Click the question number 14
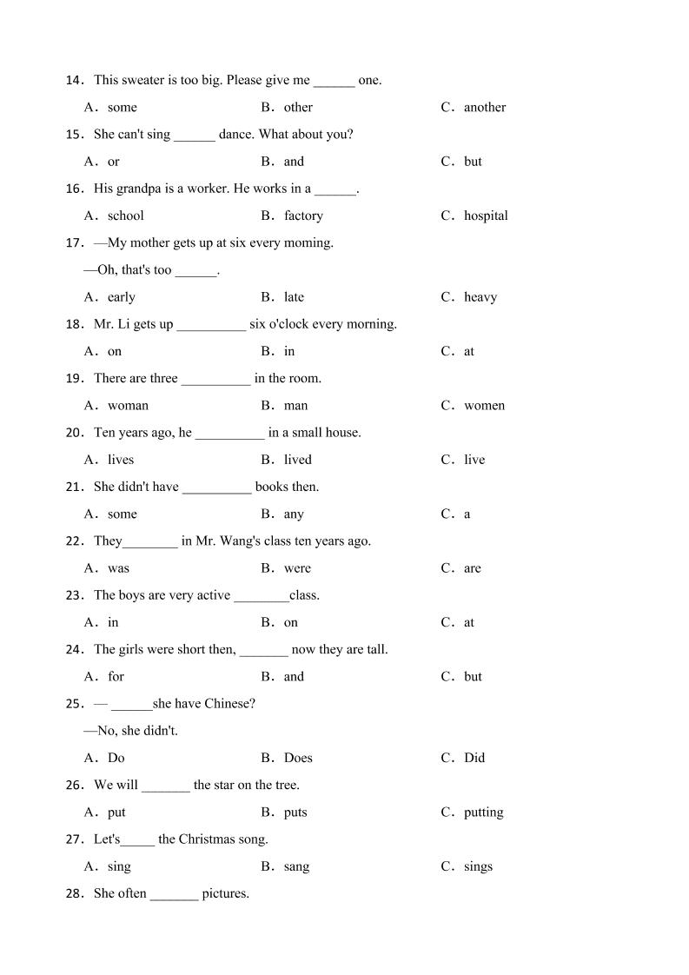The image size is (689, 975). tap(74, 81)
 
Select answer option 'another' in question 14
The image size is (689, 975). tap(484, 108)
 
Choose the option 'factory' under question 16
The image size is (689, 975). tap(303, 216)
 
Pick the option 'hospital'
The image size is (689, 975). tap(486, 216)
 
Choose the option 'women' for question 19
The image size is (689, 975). tap(484, 406)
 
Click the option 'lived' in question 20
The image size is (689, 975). tap(297, 460)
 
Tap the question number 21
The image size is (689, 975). tap(74, 487)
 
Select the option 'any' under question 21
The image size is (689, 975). tap(294, 514)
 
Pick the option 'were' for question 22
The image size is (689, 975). tap(297, 568)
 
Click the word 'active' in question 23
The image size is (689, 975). tap(210, 595)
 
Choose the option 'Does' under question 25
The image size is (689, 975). tap(298, 758)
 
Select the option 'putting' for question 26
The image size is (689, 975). tap(483, 812)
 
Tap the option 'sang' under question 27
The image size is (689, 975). tap(296, 867)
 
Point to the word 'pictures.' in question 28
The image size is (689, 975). tap(225, 893)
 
